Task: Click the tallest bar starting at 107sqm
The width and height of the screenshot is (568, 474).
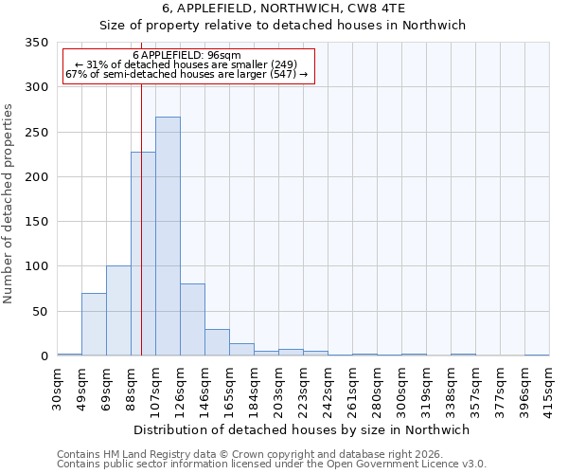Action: pos(168,236)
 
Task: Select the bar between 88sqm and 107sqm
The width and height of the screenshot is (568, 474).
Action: pos(143,254)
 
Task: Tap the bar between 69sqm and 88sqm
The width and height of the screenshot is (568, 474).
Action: pos(118,311)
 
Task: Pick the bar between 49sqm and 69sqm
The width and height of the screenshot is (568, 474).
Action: pos(94,324)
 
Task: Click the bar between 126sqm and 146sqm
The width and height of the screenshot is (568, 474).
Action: pos(192,319)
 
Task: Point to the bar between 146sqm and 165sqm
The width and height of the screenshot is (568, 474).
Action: pos(217,342)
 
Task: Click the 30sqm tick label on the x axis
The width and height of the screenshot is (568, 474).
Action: pos(57,383)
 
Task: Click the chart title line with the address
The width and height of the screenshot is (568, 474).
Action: pos(282,9)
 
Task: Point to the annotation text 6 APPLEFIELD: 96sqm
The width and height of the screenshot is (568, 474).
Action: pos(186,55)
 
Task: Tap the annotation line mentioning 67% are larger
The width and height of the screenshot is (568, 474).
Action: pos(186,74)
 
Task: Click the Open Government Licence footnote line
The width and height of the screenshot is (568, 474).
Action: pos(272,465)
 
